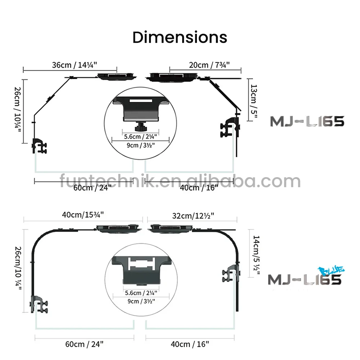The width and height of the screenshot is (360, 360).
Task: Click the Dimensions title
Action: [180, 37]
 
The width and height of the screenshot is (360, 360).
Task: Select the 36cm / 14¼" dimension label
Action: [74, 65]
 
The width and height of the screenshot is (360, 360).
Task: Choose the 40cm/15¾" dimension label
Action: [83, 215]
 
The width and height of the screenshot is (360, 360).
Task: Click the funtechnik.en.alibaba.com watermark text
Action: [180, 181]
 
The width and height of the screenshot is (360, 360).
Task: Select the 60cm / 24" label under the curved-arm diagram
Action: [85, 344]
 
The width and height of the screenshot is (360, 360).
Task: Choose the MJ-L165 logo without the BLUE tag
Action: [307, 121]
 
